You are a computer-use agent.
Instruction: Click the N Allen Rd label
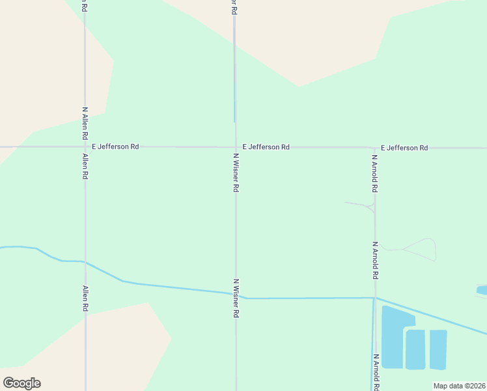(85, 124)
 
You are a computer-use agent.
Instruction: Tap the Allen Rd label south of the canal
(85, 298)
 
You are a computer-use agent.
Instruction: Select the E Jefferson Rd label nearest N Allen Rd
(115, 147)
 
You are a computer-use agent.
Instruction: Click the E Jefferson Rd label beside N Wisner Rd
(266, 147)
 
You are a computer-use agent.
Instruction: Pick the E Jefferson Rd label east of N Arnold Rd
(404, 148)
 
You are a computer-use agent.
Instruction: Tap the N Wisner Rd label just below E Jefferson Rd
(236, 172)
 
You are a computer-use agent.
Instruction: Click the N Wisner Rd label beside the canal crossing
(236, 298)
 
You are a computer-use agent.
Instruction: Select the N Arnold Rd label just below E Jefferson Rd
(374, 173)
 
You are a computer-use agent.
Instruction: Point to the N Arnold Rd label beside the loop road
(374, 261)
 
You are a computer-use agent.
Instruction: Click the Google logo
(21, 383)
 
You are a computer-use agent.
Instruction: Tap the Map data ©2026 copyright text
(459, 386)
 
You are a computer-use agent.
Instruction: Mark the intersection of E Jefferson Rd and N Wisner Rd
(235, 147)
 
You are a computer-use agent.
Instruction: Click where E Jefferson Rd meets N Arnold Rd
(374, 148)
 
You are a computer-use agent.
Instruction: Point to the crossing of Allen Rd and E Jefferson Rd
(85, 147)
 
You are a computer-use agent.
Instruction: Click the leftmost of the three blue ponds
(395, 336)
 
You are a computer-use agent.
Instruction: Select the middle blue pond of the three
(415, 349)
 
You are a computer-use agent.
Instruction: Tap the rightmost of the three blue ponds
(438, 349)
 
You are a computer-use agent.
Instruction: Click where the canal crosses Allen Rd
(85, 262)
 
